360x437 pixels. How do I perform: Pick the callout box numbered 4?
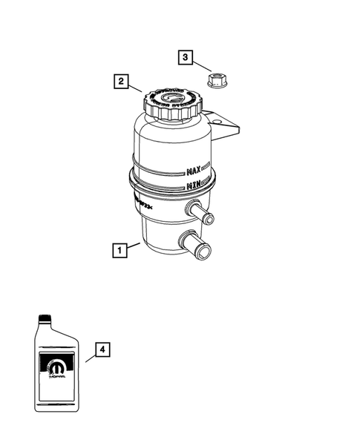click(x=103, y=349)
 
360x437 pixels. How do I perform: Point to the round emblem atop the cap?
click(x=171, y=96)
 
